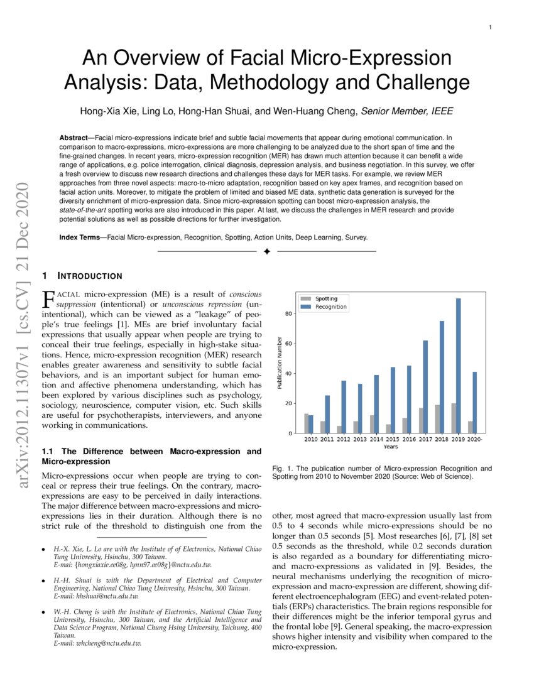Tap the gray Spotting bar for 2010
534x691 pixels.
pos(306,423)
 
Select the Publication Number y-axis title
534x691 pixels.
pos(280,362)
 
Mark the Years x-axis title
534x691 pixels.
pos(391,447)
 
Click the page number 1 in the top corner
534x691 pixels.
pos(489,27)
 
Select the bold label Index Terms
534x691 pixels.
pos(82,237)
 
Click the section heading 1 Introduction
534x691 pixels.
pos(82,276)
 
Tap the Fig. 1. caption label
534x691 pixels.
pos(283,469)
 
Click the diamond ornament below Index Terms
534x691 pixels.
pos(266,251)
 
